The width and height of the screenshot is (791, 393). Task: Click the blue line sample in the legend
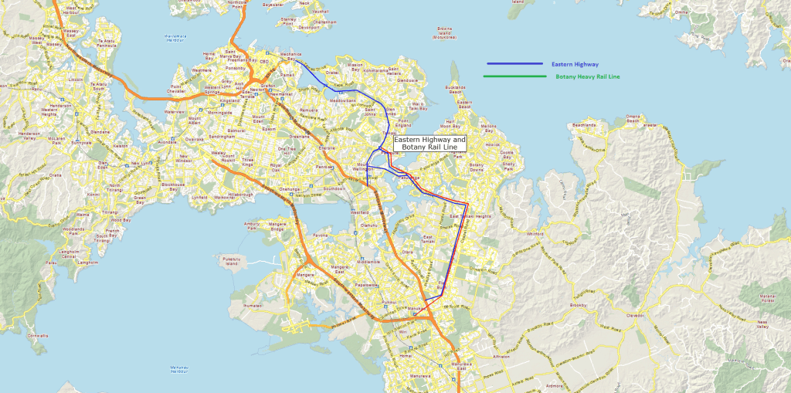point(514,64)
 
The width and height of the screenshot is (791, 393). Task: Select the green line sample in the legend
point(514,76)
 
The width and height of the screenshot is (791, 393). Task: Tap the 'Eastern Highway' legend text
point(575,64)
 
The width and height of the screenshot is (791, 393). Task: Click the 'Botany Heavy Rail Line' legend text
point(587,76)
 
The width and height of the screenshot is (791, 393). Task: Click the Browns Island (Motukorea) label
point(444,33)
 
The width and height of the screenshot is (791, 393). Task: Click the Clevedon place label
point(635,315)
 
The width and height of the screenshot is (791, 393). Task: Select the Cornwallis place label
point(37,335)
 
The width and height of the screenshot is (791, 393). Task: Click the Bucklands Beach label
point(456,90)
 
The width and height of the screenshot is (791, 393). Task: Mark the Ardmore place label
point(554,384)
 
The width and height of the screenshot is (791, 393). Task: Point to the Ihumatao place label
point(253,305)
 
